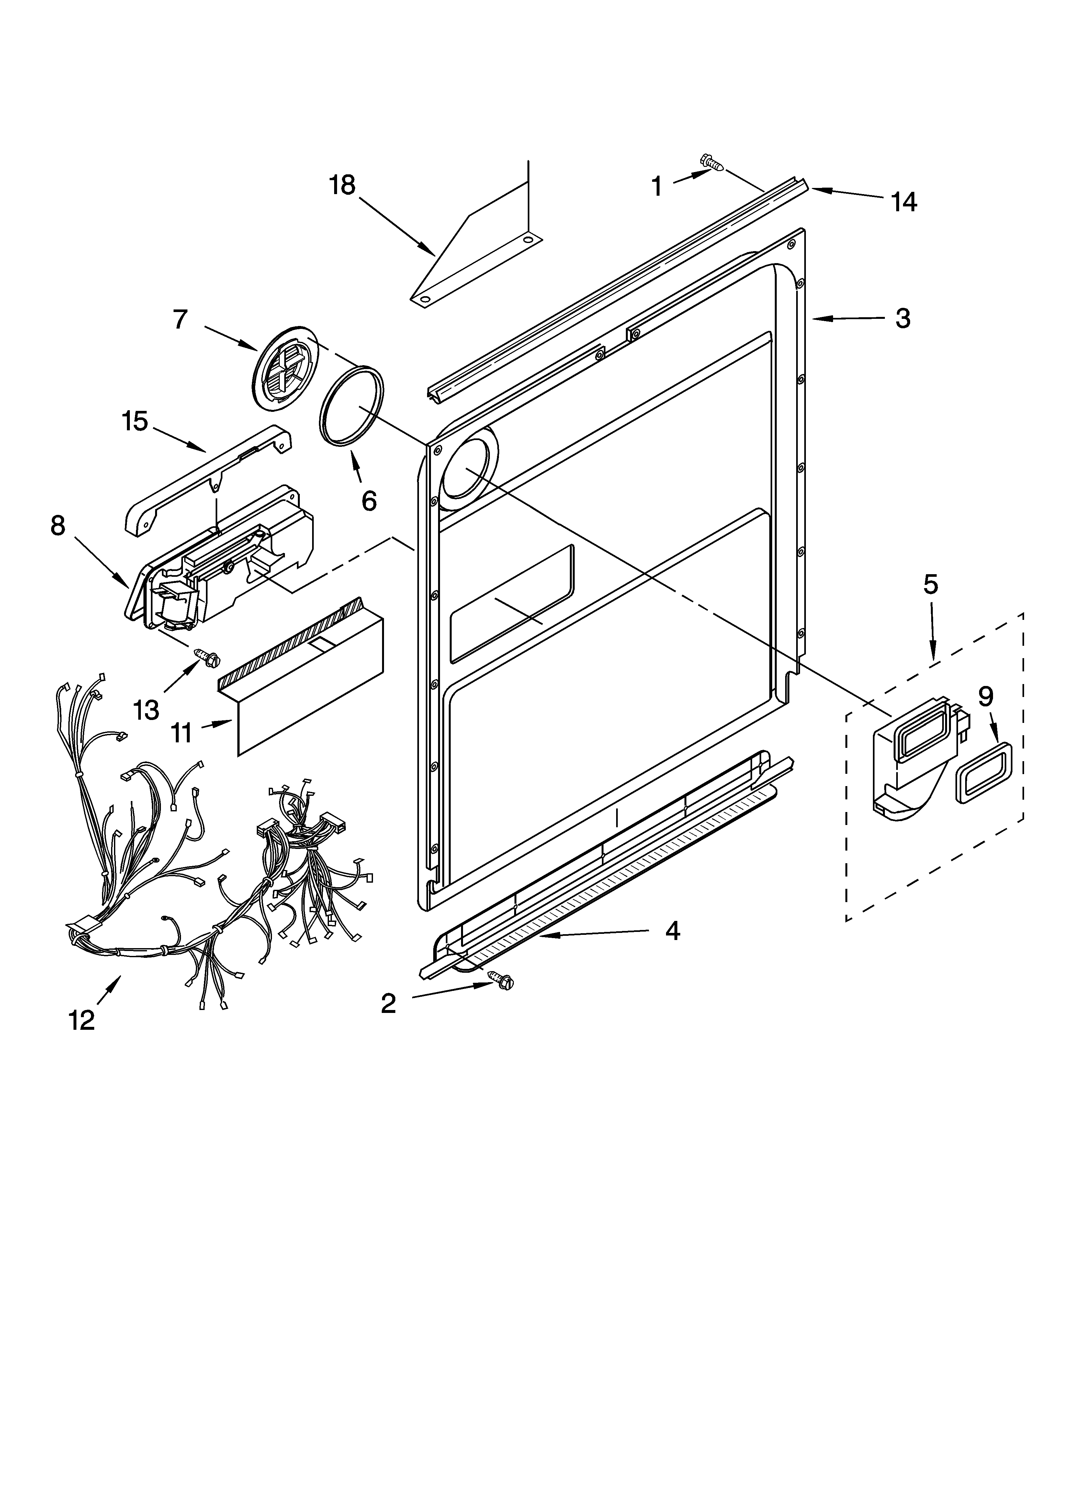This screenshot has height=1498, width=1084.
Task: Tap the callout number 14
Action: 904,202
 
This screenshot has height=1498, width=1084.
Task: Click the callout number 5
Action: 930,584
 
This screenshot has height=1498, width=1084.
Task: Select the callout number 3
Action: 902,318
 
